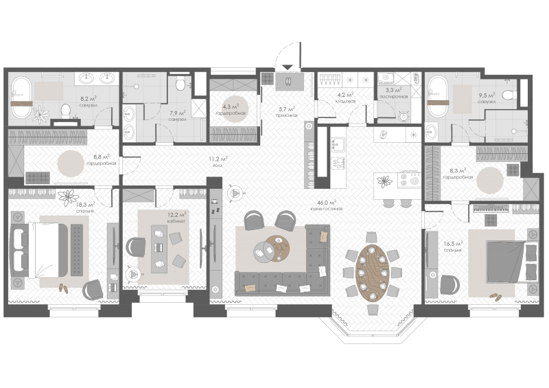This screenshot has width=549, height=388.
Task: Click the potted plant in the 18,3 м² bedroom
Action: coord(69,198)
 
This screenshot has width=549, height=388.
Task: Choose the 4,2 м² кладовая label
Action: coord(344,98)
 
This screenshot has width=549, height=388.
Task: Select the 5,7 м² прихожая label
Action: coord(287,111)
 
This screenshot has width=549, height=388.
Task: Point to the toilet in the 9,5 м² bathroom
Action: coord(508,95)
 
